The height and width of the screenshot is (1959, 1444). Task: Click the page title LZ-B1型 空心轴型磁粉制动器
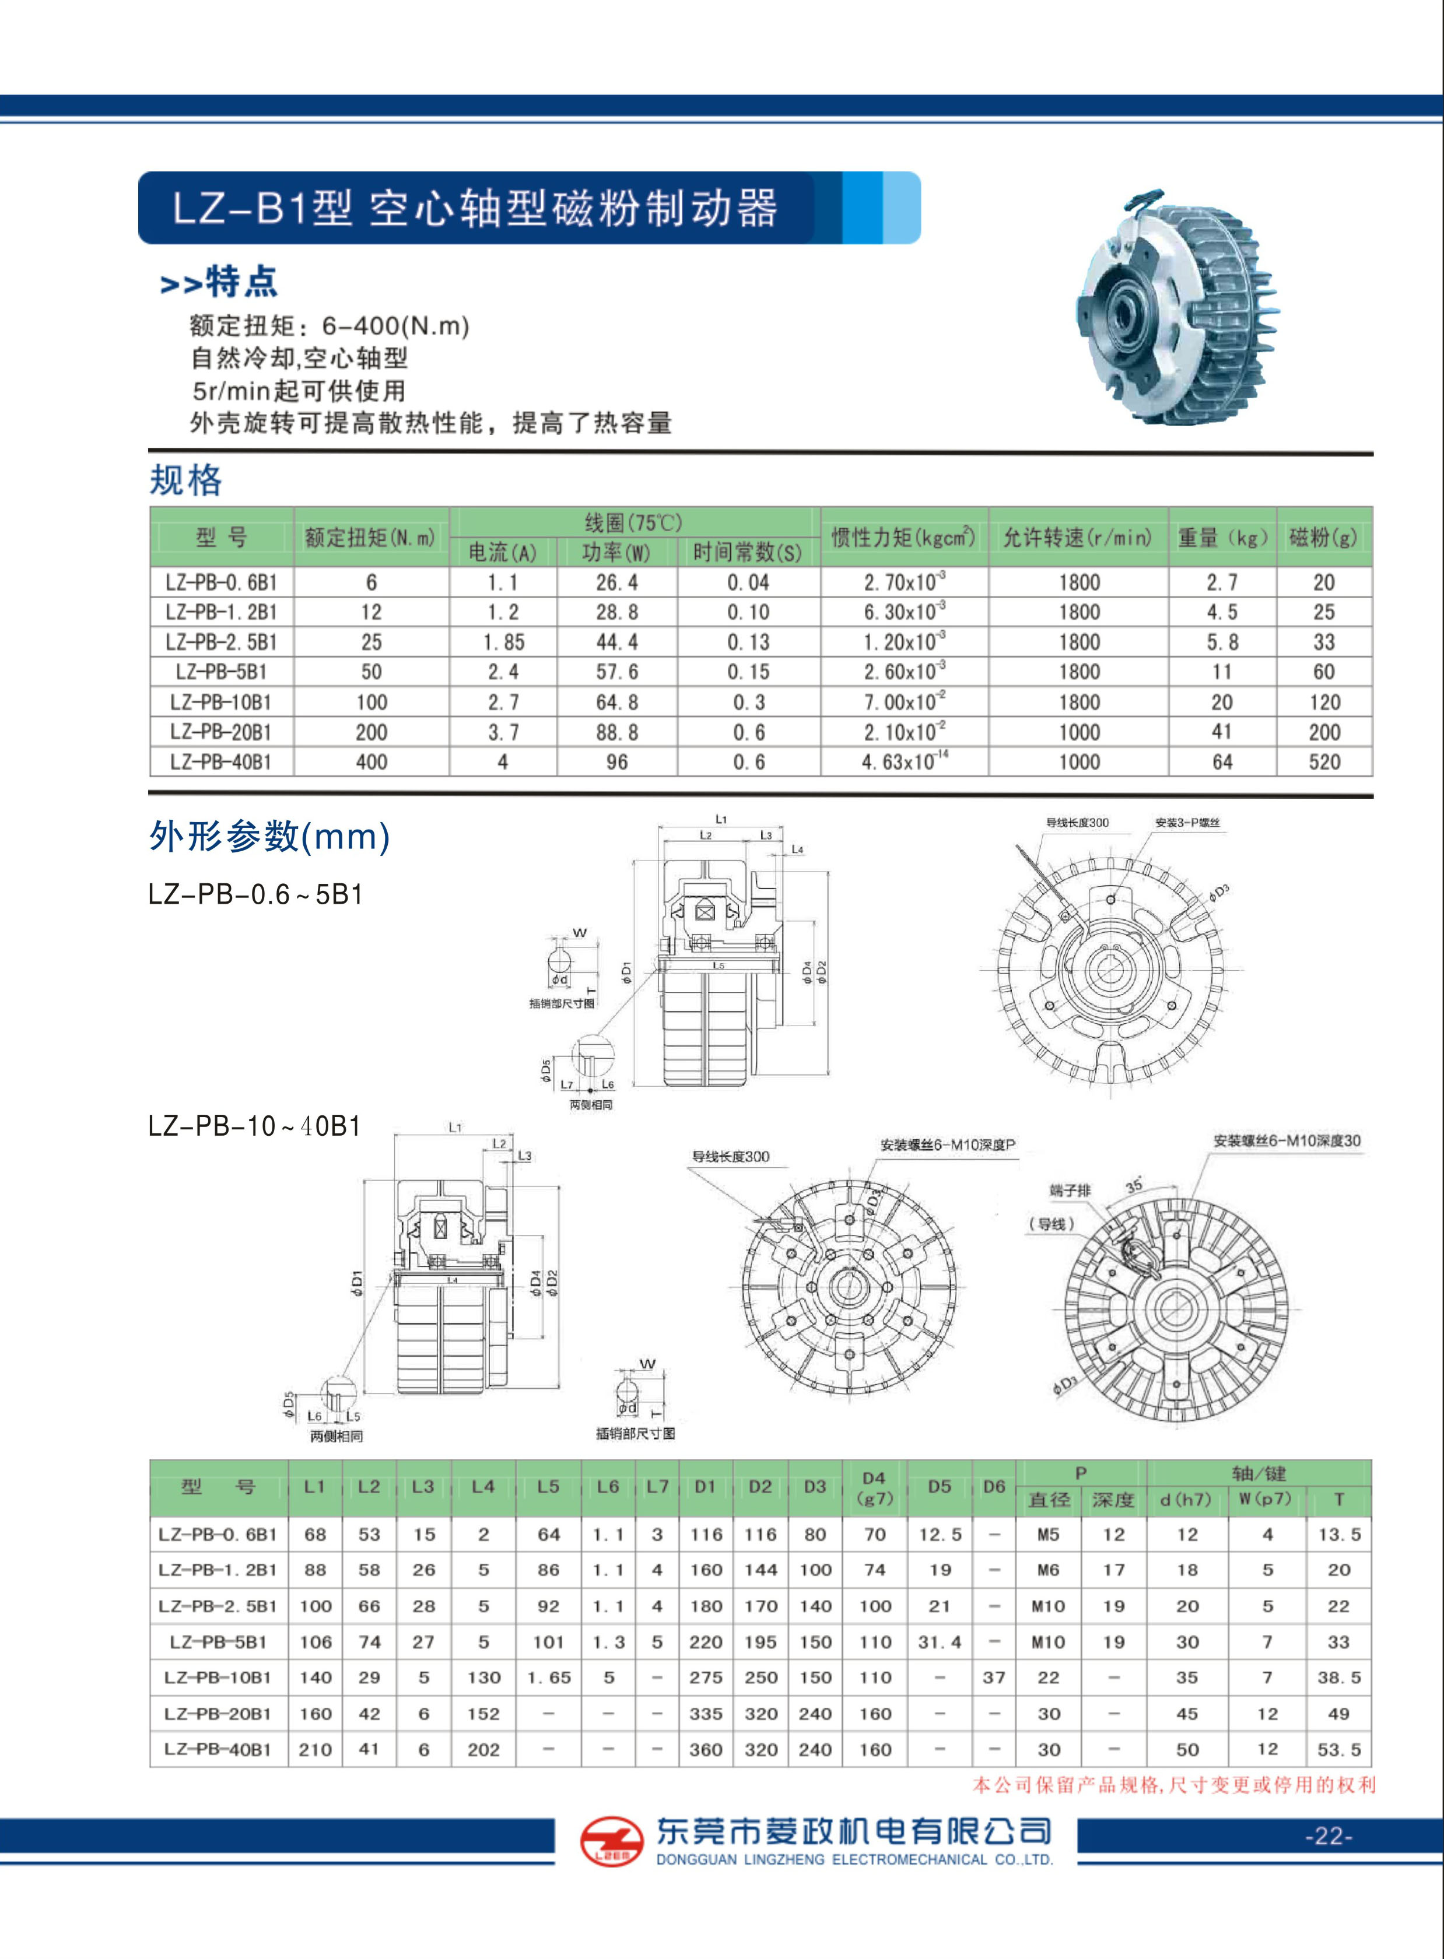pos(475,208)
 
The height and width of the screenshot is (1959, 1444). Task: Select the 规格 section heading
pos(186,480)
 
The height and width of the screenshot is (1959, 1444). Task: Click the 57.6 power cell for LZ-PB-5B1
pos(617,672)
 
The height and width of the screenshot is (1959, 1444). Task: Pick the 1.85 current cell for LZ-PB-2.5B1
pos(503,643)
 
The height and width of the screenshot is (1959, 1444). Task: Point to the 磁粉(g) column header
pos(1323,538)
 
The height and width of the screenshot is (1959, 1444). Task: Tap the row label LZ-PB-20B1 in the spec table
pos(221,732)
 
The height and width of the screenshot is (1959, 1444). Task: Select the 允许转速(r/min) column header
pos(1078,538)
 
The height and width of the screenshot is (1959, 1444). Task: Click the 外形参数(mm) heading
pos(269,837)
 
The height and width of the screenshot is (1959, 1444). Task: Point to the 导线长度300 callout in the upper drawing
pos(1077,822)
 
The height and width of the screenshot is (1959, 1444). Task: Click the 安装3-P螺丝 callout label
pos(1187,822)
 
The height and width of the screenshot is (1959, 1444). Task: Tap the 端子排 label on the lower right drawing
pos(1070,1190)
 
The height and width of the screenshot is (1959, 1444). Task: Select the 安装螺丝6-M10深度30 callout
pos(1287,1140)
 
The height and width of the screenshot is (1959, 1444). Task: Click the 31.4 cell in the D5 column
pos(940,1642)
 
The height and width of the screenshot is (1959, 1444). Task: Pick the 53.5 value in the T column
pos(1339,1749)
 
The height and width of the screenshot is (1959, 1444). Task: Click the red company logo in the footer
pos(611,1841)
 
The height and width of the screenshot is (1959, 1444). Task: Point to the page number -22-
pos(1328,1836)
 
